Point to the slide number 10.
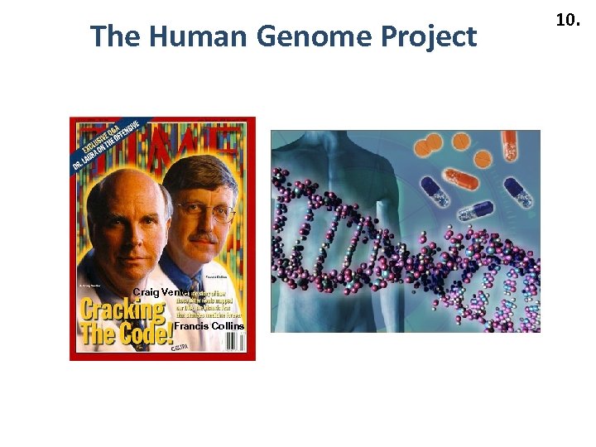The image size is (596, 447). (567, 20)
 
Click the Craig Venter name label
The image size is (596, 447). (159, 292)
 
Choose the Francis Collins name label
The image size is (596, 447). (209, 326)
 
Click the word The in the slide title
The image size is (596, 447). (113, 36)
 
